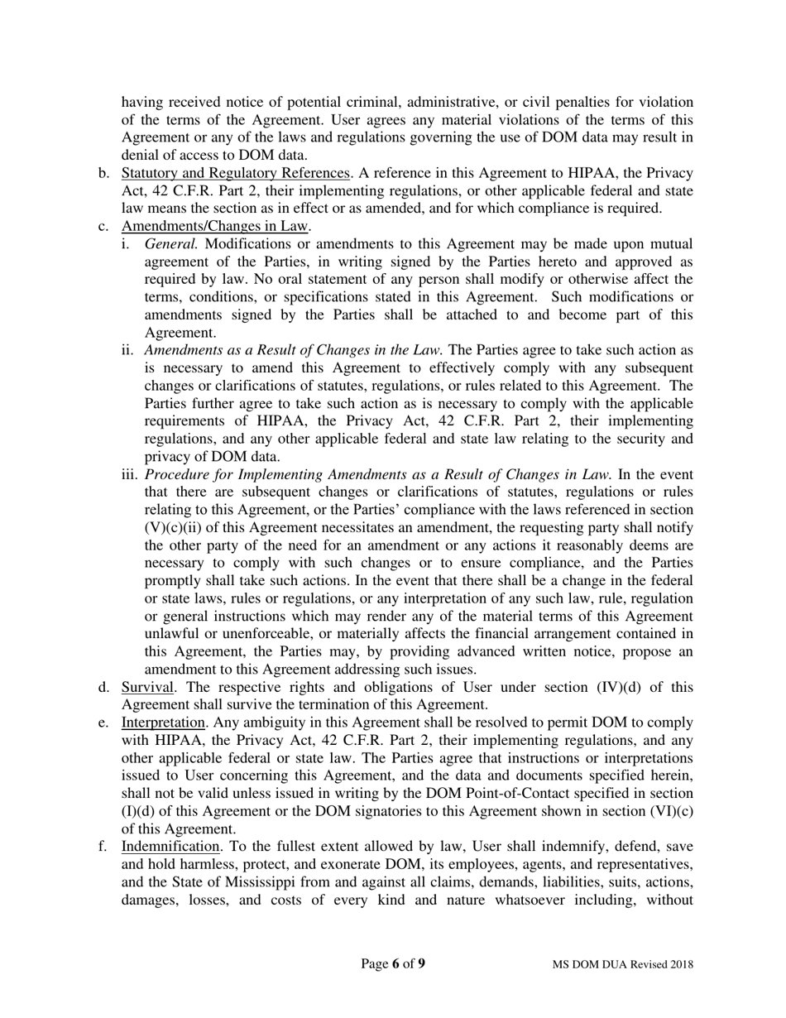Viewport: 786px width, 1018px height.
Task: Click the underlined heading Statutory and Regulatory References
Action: tap(235, 173)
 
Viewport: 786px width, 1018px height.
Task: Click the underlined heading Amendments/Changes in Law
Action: tap(215, 226)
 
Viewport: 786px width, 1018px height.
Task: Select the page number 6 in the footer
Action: tap(396, 963)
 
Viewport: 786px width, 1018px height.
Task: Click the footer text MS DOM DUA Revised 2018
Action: tap(623, 964)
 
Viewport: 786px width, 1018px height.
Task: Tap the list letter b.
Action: tap(103, 173)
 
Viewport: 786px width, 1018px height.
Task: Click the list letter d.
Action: tap(103, 688)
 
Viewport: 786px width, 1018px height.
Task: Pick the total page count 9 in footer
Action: tap(422, 963)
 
